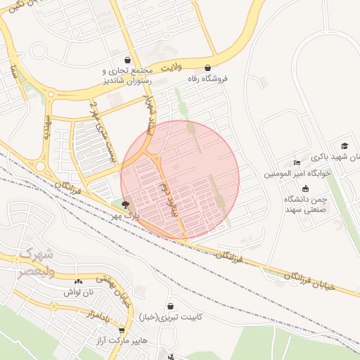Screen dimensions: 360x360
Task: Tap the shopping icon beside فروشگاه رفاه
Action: coord(207,68)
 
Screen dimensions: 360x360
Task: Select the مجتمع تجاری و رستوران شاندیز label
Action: coord(127,75)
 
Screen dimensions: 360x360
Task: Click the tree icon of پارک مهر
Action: coord(125,205)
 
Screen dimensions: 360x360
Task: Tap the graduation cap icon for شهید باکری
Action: coord(345,146)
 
